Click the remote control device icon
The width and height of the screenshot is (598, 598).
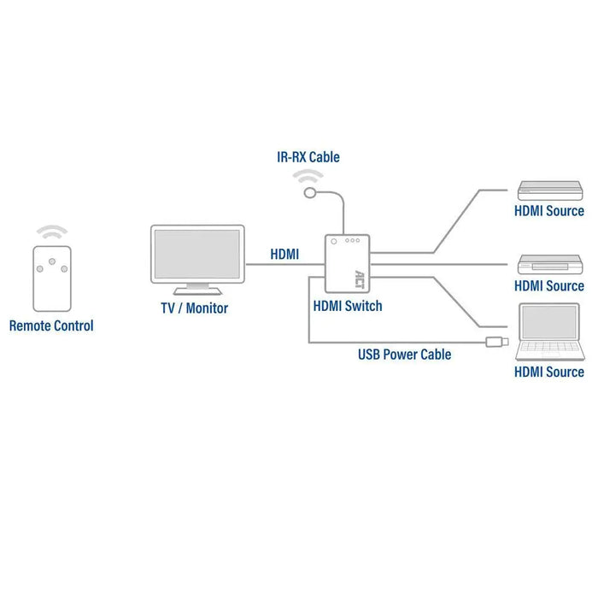[x=52, y=278]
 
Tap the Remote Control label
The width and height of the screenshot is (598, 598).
[x=51, y=325]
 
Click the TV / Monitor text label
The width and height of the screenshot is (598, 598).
[x=195, y=308]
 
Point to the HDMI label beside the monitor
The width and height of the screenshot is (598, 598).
[x=284, y=254]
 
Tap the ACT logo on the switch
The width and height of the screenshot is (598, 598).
[x=359, y=278]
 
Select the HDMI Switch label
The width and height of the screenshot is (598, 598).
[x=348, y=305]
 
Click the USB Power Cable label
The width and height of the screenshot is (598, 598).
[x=404, y=354]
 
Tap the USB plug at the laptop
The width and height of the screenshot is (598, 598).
[x=496, y=343]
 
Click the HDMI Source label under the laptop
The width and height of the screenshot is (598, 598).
[x=548, y=372]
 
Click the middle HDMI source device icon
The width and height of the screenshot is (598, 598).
[x=548, y=264]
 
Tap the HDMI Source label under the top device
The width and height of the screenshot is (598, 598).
[x=548, y=210]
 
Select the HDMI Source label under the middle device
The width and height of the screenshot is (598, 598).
[x=548, y=285]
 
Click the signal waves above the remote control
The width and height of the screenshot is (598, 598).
[x=52, y=232]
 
